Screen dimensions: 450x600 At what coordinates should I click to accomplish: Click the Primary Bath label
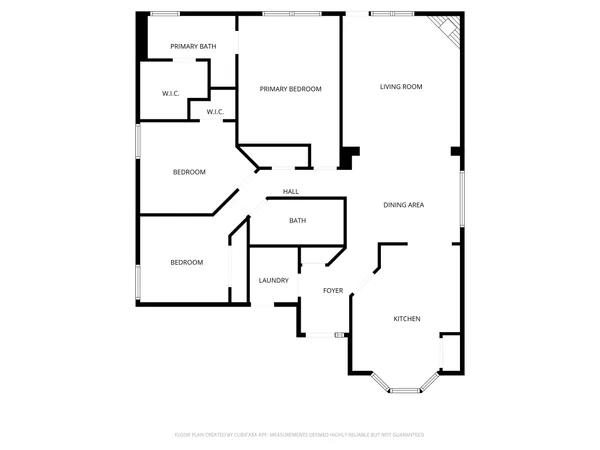click(193, 47)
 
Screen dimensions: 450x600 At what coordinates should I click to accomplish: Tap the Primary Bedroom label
click(290, 89)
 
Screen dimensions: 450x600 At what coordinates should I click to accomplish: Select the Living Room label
click(401, 87)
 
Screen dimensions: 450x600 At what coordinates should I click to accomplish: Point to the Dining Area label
click(404, 205)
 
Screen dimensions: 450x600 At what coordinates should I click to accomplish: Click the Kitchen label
click(406, 319)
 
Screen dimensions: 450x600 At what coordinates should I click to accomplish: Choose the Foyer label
click(333, 291)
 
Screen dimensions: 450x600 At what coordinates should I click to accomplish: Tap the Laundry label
click(273, 280)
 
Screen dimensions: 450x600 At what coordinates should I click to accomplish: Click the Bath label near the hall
click(297, 221)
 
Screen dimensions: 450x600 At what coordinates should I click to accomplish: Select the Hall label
click(291, 191)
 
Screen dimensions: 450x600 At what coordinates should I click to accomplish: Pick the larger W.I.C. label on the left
click(170, 94)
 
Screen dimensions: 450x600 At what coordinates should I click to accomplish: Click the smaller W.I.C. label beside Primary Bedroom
click(215, 112)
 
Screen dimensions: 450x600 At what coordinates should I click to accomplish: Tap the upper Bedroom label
click(189, 172)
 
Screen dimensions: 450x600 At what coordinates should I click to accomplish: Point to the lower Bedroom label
click(186, 262)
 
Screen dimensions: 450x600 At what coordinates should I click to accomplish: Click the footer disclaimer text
click(300, 435)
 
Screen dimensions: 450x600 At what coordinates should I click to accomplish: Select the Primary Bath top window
click(164, 14)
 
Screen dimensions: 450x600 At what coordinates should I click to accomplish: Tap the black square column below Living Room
click(349, 158)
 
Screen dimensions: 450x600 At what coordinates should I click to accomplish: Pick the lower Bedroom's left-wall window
click(138, 281)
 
